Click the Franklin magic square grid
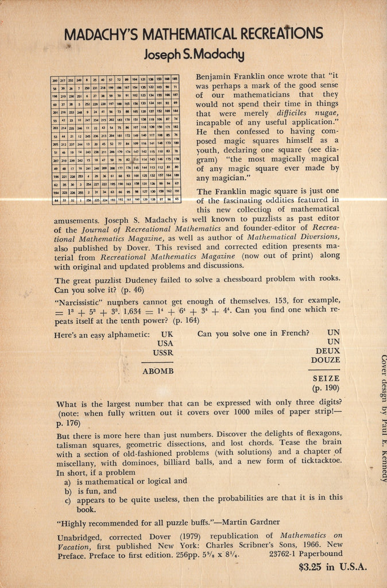point(115,140)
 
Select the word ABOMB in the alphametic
point(158,371)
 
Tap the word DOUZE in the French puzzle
point(325,360)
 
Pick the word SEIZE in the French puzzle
point(326,378)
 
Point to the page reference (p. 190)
point(326,388)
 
